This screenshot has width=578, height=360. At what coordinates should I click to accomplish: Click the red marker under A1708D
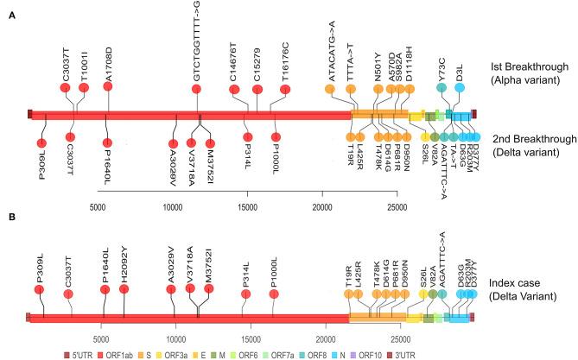[108, 88]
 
